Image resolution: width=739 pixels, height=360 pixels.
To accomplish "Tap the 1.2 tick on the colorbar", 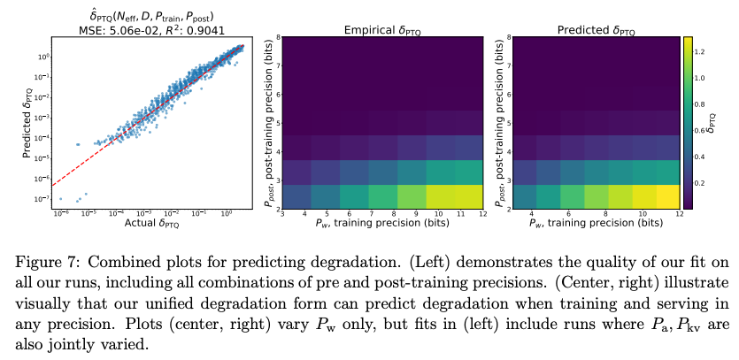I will tap(699, 53).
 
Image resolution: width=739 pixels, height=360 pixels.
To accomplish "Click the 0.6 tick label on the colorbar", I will tap(699, 131).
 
